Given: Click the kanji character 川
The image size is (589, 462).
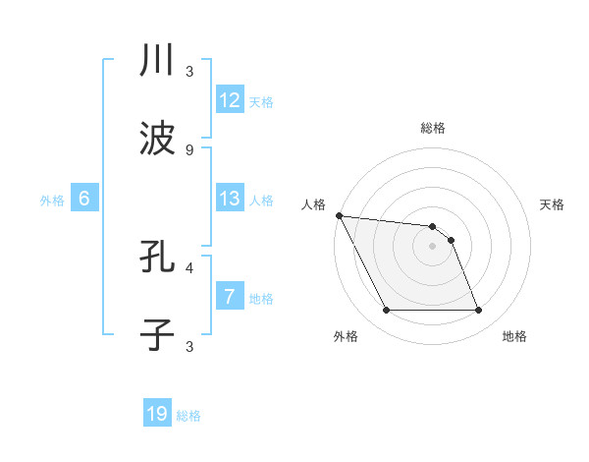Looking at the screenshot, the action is coord(157,61).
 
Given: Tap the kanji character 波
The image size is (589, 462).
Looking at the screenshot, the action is coord(157,140).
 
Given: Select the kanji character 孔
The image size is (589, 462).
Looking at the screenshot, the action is coord(157,258).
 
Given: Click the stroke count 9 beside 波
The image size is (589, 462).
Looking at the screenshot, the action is coord(188,149).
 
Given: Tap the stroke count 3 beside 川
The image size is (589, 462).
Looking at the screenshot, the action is coord(188,71).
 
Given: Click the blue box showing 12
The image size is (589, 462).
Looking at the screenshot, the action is coord(230,100).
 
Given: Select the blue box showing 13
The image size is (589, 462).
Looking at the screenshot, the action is coord(230,199).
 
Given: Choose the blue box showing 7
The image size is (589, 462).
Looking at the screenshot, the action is coord(230,297).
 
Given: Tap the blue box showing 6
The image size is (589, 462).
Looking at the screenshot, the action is coord(84,199).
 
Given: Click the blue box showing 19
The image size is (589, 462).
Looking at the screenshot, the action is coord(157,414).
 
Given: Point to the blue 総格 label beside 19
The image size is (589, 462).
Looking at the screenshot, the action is coord(188,416).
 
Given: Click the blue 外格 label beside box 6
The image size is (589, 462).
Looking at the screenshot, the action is coord(52,201).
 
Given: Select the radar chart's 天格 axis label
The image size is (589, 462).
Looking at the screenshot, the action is coord(552,204).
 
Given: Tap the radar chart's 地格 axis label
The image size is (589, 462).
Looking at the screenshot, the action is coord(514,336).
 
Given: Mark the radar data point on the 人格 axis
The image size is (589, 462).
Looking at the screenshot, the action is coord(339,215).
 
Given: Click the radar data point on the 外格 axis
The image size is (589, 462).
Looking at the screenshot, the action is coord(386,311).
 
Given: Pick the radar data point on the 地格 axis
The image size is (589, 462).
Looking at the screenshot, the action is coord(478,311).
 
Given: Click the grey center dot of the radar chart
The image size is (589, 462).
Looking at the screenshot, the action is coord(432,246).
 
